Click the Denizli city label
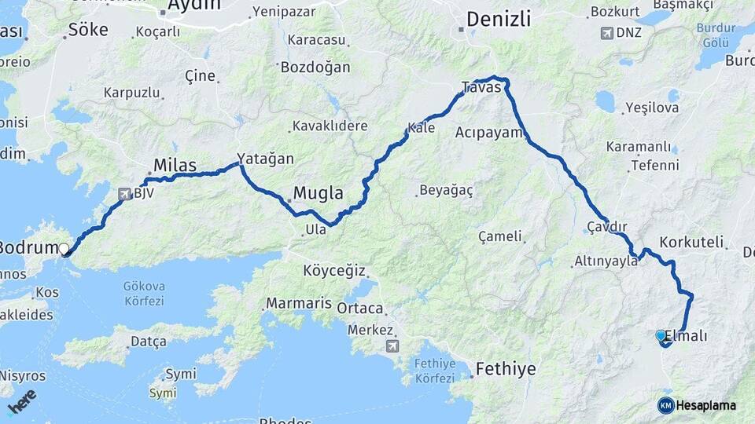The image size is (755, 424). pyautogui.click(x=498, y=19)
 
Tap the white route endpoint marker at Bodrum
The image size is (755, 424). pyautogui.click(x=64, y=249)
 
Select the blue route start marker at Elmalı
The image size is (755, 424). pyautogui.click(x=661, y=335)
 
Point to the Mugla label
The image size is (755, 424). pyautogui.click(x=318, y=192)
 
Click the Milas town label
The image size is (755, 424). pyautogui.click(x=175, y=166)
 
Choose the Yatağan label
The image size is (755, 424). pyautogui.click(x=266, y=159)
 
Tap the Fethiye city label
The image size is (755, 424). pyautogui.click(x=506, y=369)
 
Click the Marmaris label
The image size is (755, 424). pyautogui.click(x=295, y=303)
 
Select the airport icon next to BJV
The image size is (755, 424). pyautogui.click(x=124, y=193)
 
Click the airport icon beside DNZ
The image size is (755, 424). pyautogui.click(x=606, y=33)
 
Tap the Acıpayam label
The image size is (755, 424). pyautogui.click(x=488, y=133)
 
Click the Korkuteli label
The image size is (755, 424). pyautogui.click(x=691, y=242)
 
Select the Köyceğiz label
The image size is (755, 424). pyautogui.click(x=334, y=271)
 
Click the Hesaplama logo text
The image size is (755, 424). pyautogui.click(x=705, y=405)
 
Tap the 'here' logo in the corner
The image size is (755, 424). pyautogui.click(x=21, y=400)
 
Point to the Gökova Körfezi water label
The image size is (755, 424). pyautogui.click(x=143, y=293)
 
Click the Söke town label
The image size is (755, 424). pyautogui.click(x=88, y=30)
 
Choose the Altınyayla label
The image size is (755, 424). pyautogui.click(x=606, y=261)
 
